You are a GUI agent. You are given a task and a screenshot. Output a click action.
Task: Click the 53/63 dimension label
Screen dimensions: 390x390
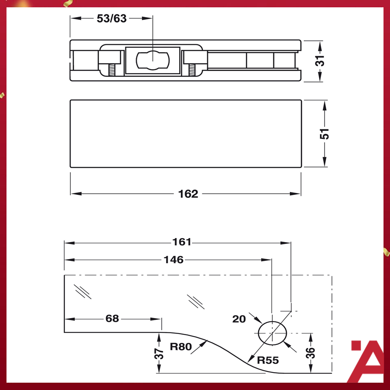pos(112,19)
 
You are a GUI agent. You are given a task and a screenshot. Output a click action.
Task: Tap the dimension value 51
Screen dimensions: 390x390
pos(325,134)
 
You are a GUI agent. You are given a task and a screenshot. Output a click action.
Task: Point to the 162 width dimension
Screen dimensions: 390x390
pos(188,194)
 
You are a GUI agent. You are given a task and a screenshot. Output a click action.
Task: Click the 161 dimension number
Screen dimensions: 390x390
pos(181,242)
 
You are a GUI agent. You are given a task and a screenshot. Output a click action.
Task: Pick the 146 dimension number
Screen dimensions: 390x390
pos(173,260)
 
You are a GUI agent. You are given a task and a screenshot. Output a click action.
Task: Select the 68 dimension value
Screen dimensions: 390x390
pos(112,318)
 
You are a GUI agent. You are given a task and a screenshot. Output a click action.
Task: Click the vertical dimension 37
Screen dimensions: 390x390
pos(159,353)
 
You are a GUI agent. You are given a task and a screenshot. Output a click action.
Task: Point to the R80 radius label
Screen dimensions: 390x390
pos(182,347)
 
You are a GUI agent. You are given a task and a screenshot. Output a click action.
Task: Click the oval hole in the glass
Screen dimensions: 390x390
pos(272,333)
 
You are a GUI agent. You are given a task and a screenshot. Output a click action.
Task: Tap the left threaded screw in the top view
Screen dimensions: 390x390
pos(111,70)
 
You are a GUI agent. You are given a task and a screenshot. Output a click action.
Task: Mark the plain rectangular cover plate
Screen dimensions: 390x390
pos(186,134)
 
